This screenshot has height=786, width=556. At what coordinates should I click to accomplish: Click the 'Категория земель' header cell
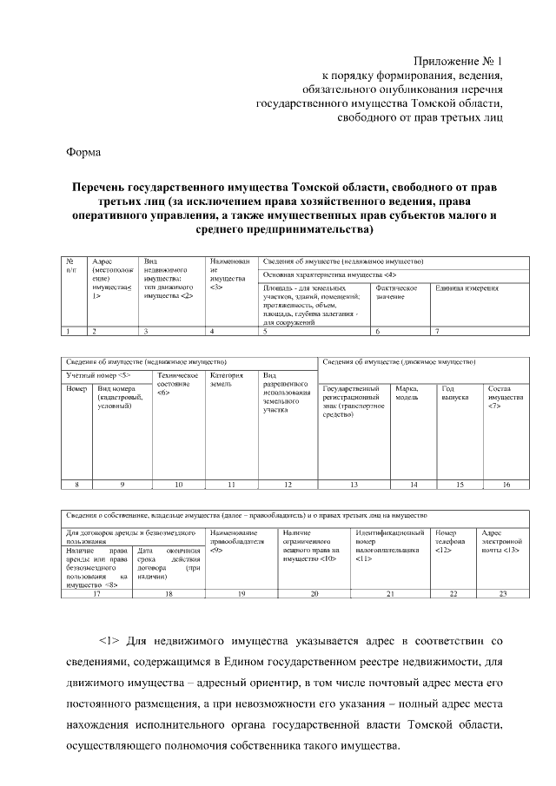[226, 380]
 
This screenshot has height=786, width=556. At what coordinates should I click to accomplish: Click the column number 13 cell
[353, 484]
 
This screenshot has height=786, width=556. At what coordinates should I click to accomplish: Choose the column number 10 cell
[178, 484]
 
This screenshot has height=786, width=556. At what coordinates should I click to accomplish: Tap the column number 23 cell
[502, 593]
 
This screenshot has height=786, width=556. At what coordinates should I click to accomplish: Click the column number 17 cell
[97, 593]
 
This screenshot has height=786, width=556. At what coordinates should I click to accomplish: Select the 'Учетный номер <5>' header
[99, 374]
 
